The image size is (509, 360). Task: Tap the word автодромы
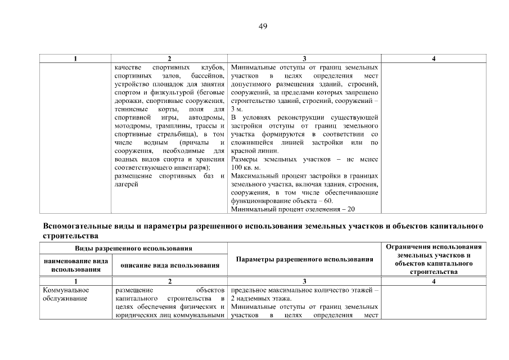pyautogui.click(x=209, y=117)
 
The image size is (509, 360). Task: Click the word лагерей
pyautogui.click(x=127, y=184)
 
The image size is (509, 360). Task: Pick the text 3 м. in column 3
pyautogui.click(x=237, y=109)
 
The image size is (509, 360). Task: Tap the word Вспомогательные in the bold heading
pyautogui.click(x=77, y=226)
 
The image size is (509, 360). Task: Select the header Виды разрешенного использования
pyautogui.click(x=134, y=248)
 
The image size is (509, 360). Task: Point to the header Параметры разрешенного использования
pyautogui.click(x=304, y=259)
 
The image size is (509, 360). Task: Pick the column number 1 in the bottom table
pyautogui.click(x=76, y=281)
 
